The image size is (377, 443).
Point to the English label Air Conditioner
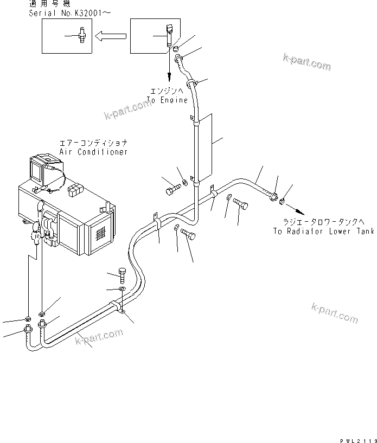(94, 152)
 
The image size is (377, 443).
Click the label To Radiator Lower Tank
(323, 231)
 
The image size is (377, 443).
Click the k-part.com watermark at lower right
(334, 313)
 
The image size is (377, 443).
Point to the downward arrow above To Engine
(169, 68)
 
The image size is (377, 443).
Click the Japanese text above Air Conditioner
(94, 144)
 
